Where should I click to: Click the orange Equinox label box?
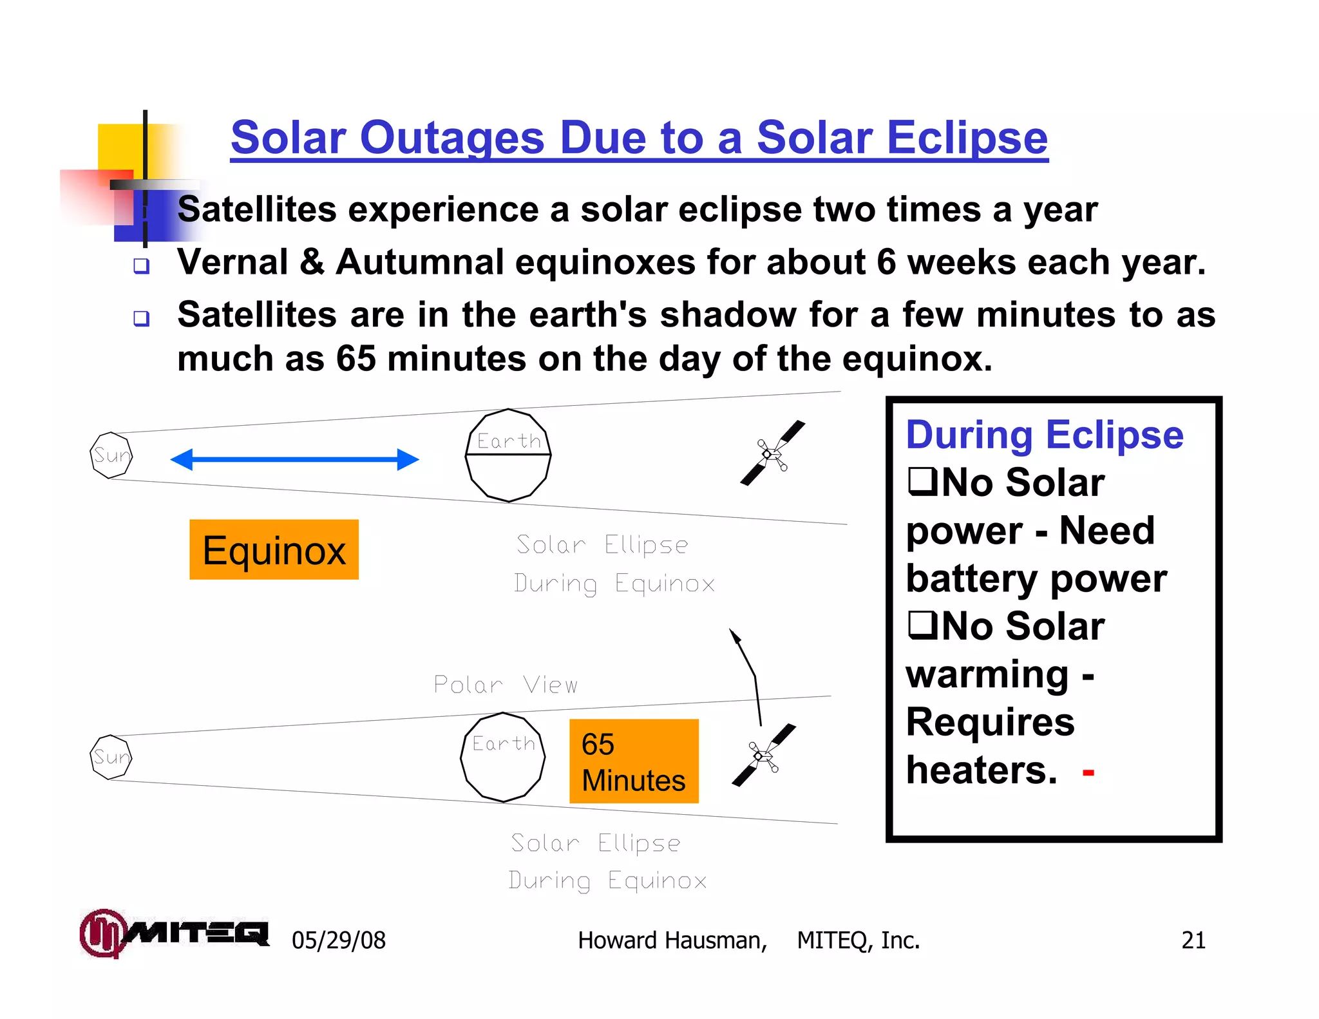coord(274,549)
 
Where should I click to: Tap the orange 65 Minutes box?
coord(634,761)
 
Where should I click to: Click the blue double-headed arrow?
coord(294,459)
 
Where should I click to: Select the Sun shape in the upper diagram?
coord(111,455)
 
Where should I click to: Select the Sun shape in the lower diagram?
coord(111,757)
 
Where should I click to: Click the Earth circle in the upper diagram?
coord(508,455)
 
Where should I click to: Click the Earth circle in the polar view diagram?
coord(503,757)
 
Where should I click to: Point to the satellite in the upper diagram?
coord(772,453)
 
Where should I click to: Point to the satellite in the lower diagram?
coord(764,755)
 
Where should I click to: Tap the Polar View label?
coord(506,685)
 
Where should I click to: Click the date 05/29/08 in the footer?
coord(339,940)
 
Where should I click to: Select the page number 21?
coord(1193,940)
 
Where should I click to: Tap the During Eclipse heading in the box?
coord(1044,435)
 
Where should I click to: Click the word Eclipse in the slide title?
coord(967,138)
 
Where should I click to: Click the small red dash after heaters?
coord(1088,772)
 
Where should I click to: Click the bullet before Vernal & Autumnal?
coord(142,265)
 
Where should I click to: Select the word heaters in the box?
coord(981,770)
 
